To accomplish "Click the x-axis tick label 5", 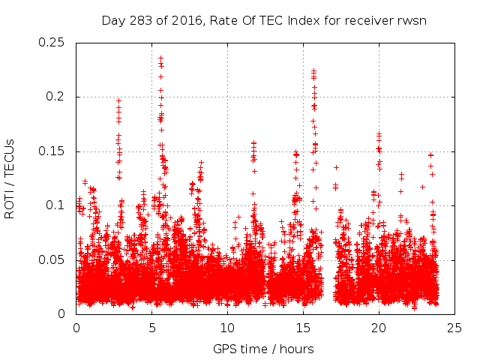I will tap(151, 328).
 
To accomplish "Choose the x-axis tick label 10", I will tap(227, 328).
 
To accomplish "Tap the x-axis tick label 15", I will tap(303, 328).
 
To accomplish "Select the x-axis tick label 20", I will tap(379, 328).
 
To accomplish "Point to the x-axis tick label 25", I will tap(454, 328).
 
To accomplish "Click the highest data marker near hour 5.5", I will tap(160, 57).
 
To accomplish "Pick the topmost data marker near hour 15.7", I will tap(313, 71).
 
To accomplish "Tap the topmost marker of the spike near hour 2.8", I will tap(118, 100).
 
